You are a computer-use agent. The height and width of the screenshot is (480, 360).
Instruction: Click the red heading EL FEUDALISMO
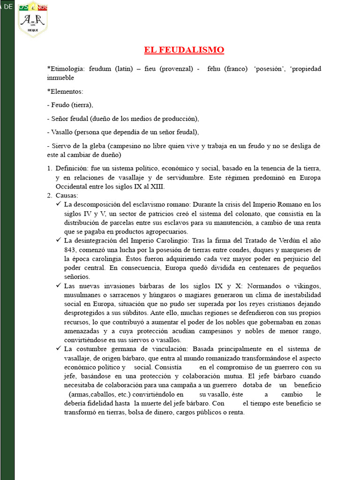(x=184, y=50)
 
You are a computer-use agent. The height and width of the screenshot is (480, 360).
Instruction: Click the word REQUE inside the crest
(x=33, y=29)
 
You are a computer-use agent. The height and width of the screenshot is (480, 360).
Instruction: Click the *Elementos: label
(x=65, y=91)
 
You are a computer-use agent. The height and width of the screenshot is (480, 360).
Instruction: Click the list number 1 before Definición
(x=50, y=168)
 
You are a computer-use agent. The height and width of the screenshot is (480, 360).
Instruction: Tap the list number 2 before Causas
(x=50, y=195)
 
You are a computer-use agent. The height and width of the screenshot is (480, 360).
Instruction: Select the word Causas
(x=67, y=195)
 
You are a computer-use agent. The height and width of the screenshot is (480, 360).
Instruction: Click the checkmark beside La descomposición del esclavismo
(x=59, y=204)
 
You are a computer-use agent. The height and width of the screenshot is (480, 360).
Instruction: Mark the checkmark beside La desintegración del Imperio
(x=59, y=240)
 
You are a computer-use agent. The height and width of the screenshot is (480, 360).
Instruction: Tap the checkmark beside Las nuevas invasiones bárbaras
(x=59, y=285)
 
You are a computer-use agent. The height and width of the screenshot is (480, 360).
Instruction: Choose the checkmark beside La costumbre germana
(x=59, y=349)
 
